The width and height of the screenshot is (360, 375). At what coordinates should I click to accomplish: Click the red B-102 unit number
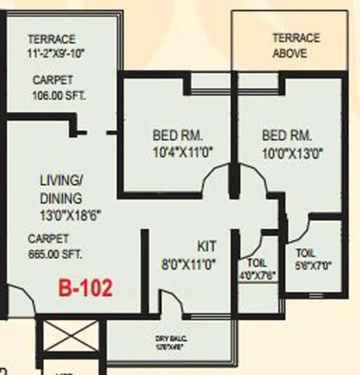pyautogui.click(x=85, y=288)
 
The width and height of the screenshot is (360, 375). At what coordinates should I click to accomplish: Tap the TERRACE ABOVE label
pyautogui.click(x=290, y=45)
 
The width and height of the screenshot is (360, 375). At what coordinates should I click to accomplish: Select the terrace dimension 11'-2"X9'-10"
pyautogui.click(x=56, y=53)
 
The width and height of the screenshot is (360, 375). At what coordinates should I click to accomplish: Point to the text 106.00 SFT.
pyautogui.click(x=59, y=95)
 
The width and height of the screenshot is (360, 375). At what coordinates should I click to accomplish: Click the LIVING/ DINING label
pyautogui.click(x=61, y=189)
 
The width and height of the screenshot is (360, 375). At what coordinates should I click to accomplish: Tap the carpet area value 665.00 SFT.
pyautogui.click(x=55, y=254)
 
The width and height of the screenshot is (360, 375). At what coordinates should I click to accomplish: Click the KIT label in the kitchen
pyautogui.click(x=207, y=246)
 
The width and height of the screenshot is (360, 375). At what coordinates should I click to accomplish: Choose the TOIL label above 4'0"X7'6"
pyautogui.click(x=257, y=263)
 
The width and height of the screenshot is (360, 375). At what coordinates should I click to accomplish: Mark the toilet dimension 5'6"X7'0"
pyautogui.click(x=313, y=265)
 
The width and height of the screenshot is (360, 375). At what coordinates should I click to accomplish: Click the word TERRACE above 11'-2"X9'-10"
pyautogui.click(x=51, y=40)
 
